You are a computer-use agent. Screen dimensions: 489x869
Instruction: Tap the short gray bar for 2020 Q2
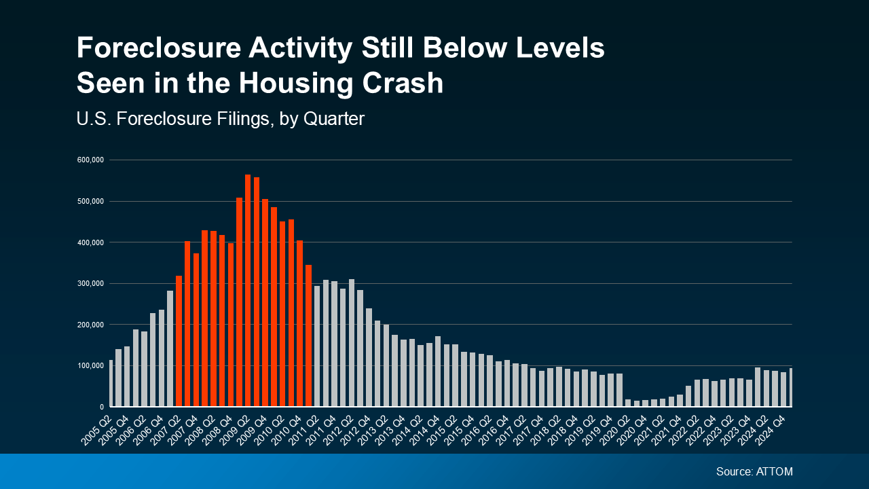(x=628, y=403)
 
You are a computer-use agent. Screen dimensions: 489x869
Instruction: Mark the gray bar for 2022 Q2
(x=697, y=393)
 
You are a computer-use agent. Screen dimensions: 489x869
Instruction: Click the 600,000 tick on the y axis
(x=90, y=160)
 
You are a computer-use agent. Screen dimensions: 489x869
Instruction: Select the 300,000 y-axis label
(x=90, y=283)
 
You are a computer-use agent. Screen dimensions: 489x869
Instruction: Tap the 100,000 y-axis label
(x=90, y=366)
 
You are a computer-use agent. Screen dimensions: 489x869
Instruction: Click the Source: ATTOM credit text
(x=754, y=471)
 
